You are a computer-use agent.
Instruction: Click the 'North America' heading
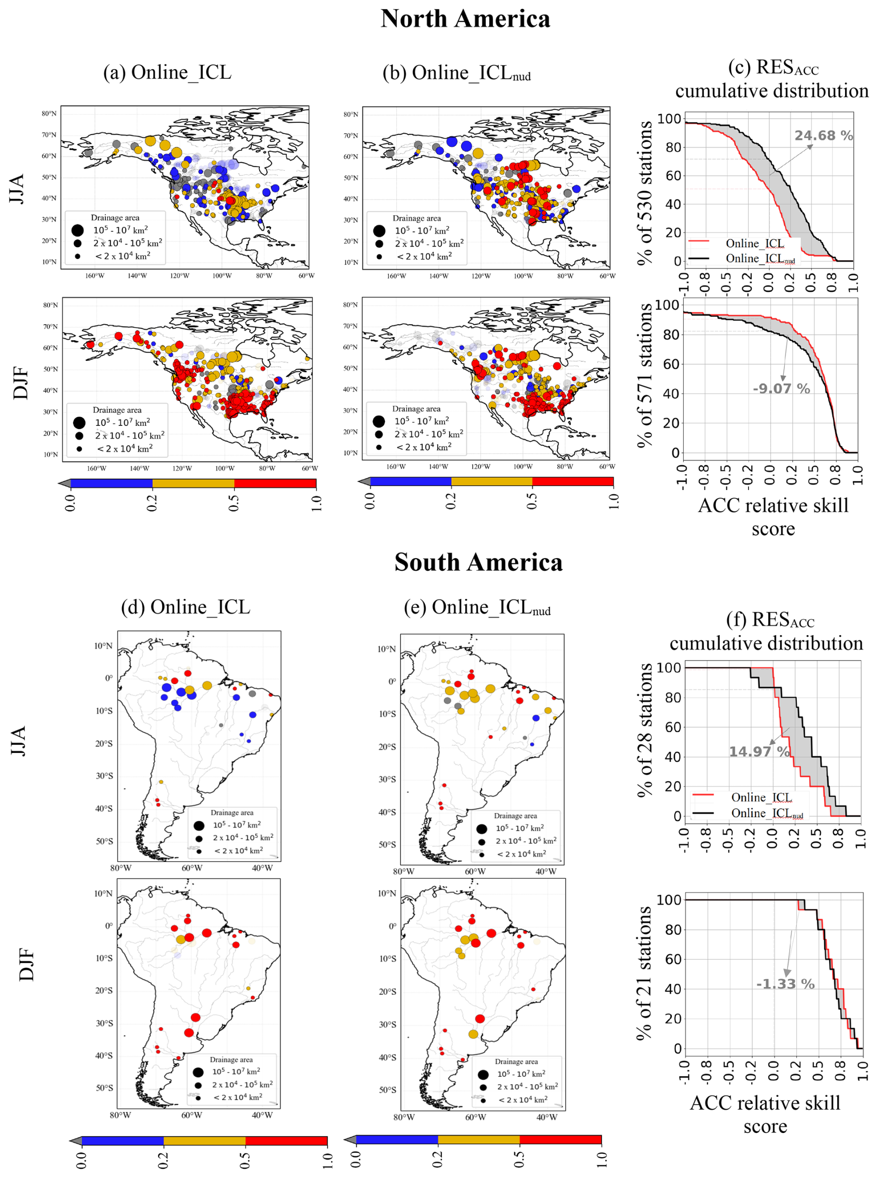pos(465,19)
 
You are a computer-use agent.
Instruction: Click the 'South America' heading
pos(478,562)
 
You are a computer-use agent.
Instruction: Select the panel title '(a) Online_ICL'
pos(168,72)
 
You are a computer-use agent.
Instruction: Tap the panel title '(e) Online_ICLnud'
pos(477,607)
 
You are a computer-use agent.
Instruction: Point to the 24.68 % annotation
pos(823,136)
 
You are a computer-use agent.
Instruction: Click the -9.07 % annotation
pos(781,389)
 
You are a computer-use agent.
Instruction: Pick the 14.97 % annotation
pos(758,751)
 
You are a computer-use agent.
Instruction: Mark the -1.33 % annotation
pos(785,984)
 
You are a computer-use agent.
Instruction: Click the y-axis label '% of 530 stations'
pos(645,193)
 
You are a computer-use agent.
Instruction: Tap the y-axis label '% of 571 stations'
pos(645,375)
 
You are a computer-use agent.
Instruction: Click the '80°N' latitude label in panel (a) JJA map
pos(49,114)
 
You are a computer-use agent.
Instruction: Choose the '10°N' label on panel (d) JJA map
pos(103,646)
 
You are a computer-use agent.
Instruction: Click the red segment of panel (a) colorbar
pos(275,483)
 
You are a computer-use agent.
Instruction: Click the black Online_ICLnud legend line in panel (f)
pos(703,813)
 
